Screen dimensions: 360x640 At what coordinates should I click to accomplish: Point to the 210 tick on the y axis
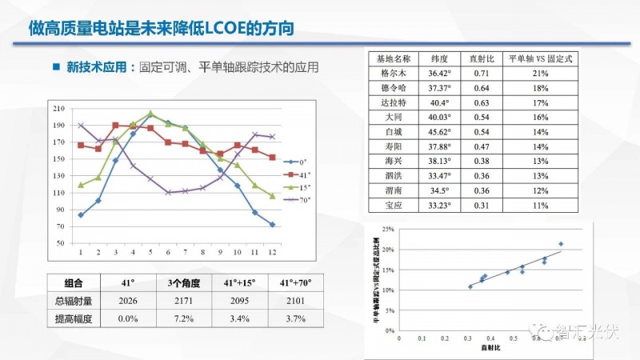[x=58, y=108]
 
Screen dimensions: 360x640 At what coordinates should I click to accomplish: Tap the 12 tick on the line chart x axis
[x=272, y=251]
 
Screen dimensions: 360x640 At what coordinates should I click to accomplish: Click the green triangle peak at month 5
[x=150, y=114]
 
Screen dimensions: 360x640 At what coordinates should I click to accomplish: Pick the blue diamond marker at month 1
[x=81, y=215]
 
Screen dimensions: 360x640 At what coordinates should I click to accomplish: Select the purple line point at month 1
[x=81, y=126]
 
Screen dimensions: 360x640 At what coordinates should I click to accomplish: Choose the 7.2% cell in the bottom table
[x=178, y=319]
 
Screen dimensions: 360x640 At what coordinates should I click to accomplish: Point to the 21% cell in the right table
[x=540, y=74]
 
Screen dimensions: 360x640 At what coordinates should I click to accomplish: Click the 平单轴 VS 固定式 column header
[x=540, y=59]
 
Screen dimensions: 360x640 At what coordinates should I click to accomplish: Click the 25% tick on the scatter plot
[x=389, y=230]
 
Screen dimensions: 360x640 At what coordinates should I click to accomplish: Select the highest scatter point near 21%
[x=561, y=243]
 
